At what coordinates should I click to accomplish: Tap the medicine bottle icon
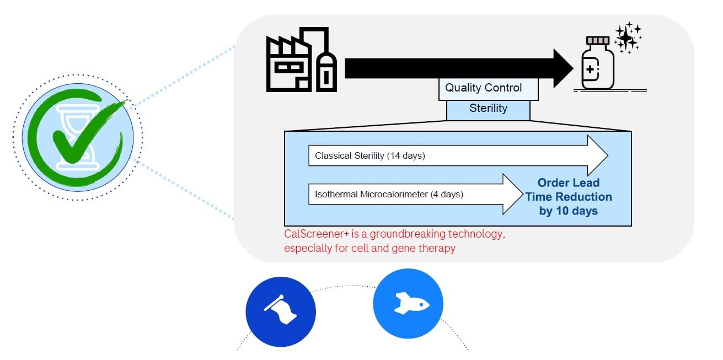tap(598, 65)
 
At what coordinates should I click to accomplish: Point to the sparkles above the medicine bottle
tap(628, 38)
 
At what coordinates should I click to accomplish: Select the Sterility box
tap(488, 109)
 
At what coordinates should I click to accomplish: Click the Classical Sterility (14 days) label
tap(370, 156)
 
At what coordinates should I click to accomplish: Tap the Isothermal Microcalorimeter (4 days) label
tap(389, 194)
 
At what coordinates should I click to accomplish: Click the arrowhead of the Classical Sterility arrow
tap(598, 156)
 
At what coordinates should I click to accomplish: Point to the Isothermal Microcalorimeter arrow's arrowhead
tap(512, 194)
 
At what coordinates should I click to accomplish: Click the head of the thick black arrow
tap(563, 68)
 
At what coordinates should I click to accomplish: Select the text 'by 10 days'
tap(568, 211)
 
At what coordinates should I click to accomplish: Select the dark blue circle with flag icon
tap(281, 311)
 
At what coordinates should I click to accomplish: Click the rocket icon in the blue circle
tap(408, 304)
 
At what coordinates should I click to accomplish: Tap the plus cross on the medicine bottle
tap(591, 70)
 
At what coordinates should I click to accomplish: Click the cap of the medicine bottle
tap(598, 41)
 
